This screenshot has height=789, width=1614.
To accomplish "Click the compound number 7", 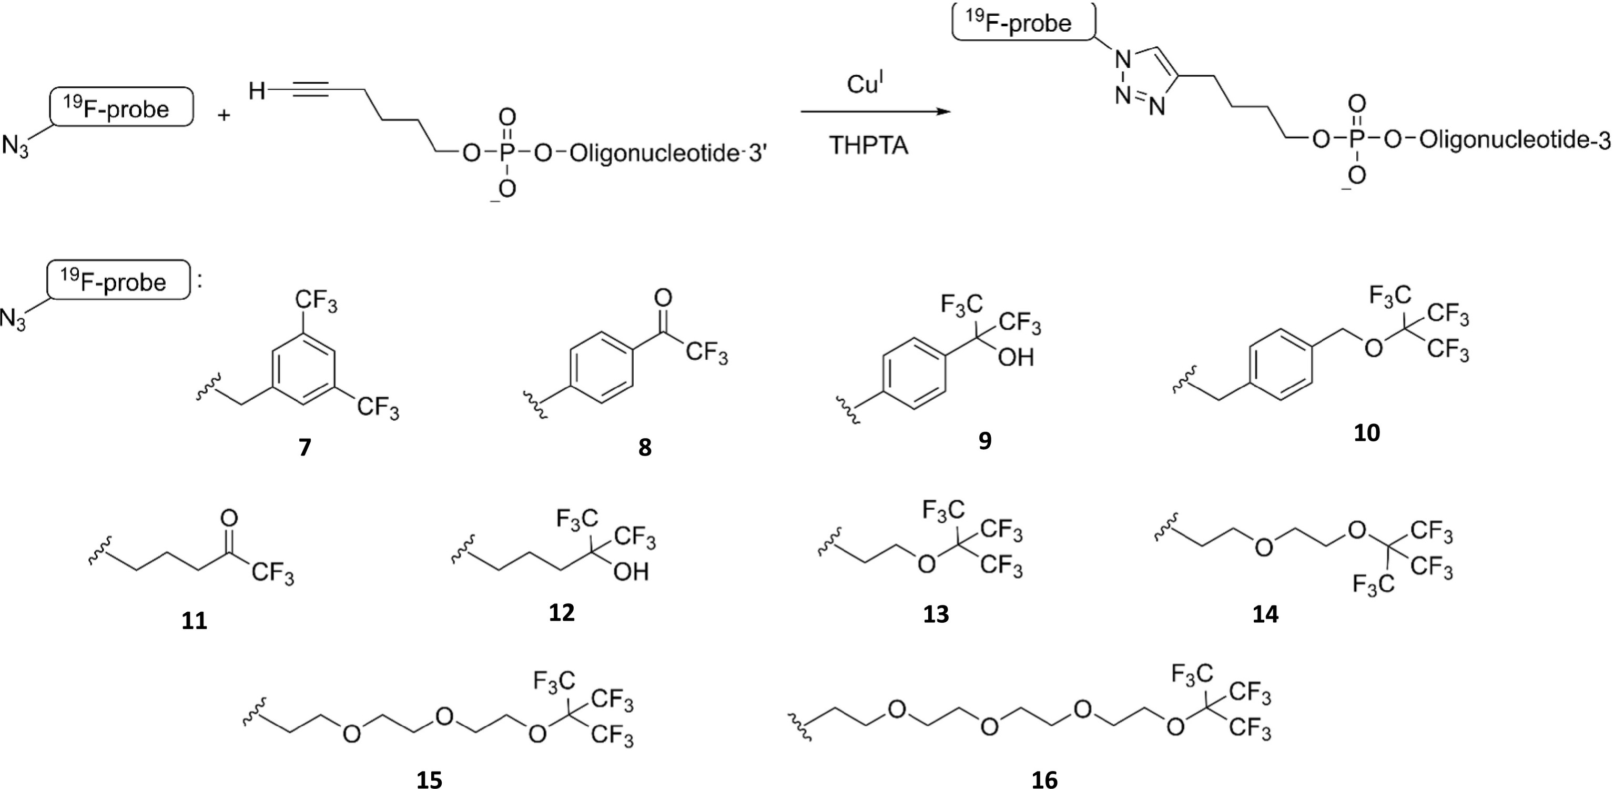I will (305, 448).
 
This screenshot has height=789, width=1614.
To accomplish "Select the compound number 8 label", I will (645, 448).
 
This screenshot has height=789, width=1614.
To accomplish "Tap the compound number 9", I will (985, 441).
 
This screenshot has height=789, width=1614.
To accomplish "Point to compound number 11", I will (194, 621).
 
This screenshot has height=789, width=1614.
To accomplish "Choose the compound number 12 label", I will (561, 612).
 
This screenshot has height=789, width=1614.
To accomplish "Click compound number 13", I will (936, 615).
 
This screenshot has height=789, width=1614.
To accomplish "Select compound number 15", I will (429, 780).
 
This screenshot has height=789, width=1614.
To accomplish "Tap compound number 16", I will (1044, 780).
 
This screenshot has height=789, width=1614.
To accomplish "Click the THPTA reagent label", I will (869, 145).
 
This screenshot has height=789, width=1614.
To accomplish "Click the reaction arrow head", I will (940, 112).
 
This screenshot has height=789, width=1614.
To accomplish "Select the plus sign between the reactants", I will (225, 115).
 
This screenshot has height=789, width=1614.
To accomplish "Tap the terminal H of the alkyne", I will (257, 92).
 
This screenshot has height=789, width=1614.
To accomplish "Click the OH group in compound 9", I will (1016, 357).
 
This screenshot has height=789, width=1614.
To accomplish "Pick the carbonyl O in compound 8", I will (662, 298).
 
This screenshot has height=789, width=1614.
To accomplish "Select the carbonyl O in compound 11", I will (229, 518).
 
